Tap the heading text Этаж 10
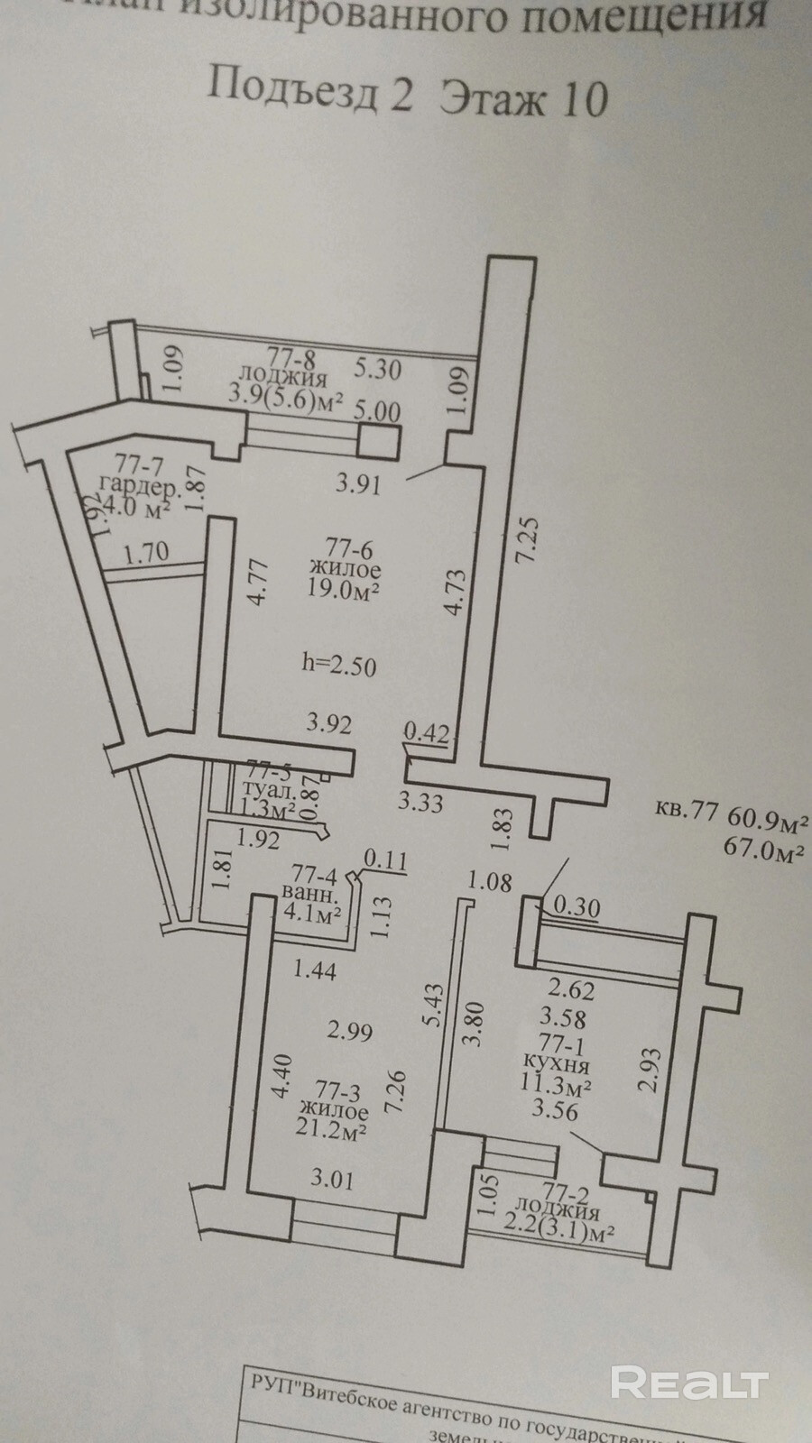(x=523, y=97)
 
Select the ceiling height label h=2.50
(x=338, y=666)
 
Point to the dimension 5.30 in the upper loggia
(x=377, y=369)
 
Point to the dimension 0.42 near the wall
(x=426, y=732)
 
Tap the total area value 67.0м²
(x=764, y=849)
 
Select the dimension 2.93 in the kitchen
(x=650, y=1070)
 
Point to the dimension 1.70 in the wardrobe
(x=146, y=551)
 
